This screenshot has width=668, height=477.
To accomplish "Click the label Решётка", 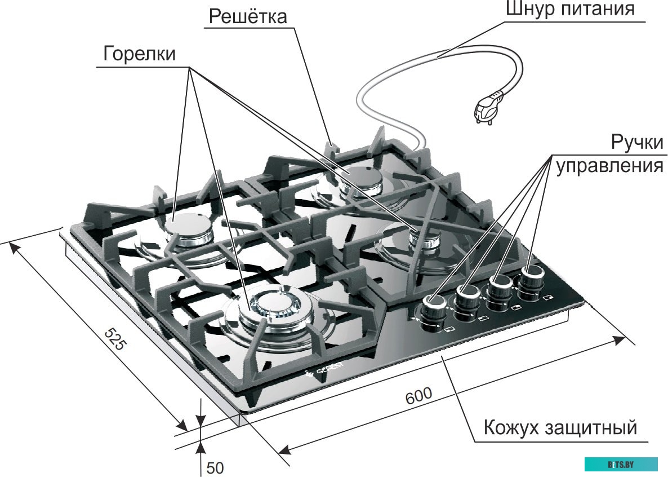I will pos(248,16).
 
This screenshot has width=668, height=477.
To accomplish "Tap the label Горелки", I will pos(139,54).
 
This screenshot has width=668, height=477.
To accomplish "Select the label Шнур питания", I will pos(570,10).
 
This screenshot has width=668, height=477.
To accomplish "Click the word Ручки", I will pos(637,142).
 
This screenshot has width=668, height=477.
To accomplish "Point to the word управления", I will pos(609,167).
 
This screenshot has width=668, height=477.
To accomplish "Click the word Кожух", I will pos(510,427).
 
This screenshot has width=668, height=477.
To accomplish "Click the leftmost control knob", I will pos(433,307).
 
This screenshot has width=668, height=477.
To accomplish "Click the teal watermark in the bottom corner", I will pos(621,464).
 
